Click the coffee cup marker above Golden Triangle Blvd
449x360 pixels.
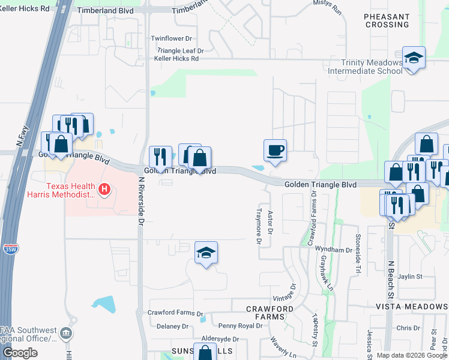(x=275, y=150)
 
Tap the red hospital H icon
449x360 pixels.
(x=104, y=190)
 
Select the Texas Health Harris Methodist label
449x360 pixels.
(x=61, y=190)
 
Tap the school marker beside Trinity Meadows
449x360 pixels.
(x=413, y=58)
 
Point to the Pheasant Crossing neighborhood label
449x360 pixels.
(x=387, y=21)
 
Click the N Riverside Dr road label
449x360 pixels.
(x=141, y=201)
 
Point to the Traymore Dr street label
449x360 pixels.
(x=259, y=230)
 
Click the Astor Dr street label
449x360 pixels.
(x=270, y=222)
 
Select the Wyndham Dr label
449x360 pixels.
(x=335, y=250)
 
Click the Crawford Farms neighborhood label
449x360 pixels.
(x=270, y=313)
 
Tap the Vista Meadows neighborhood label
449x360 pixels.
(x=412, y=306)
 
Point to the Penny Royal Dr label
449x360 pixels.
(x=240, y=326)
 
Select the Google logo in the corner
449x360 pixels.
(x=20, y=353)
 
